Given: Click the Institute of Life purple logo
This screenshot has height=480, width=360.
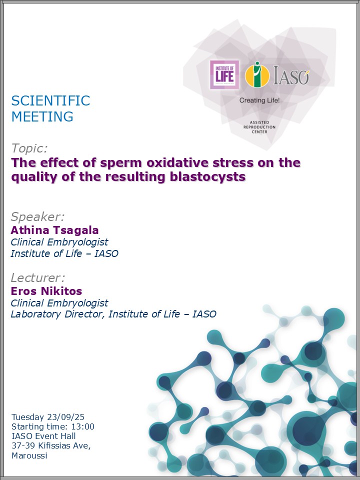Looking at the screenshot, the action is tap(224, 75).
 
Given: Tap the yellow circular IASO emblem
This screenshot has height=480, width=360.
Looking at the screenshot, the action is tap(257, 74).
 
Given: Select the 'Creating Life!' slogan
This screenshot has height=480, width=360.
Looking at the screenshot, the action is tap(259, 100).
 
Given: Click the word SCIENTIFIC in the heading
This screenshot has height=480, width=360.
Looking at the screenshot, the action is tap(51, 100).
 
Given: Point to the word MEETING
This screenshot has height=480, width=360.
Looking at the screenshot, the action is tap(42, 116).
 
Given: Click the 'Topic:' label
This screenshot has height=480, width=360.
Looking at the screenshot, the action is tap(29, 148).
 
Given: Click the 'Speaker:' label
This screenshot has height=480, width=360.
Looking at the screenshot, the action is tap(38, 216).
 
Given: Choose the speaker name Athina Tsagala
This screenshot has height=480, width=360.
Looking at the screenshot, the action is tap(55, 230).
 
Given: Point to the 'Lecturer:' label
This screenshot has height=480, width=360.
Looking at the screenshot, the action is tap(38, 277).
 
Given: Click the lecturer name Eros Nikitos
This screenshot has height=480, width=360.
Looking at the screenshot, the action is tap(46, 291).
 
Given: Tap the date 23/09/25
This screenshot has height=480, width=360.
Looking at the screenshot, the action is tap(66, 417).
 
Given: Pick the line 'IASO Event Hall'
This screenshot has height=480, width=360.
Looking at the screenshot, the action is tap(43, 436).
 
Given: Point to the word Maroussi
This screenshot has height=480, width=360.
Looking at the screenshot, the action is tap(29, 455).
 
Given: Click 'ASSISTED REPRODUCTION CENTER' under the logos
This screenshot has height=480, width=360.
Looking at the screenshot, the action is tap(259, 127).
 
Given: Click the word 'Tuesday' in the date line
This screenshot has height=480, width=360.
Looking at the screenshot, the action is tap(28, 417).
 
